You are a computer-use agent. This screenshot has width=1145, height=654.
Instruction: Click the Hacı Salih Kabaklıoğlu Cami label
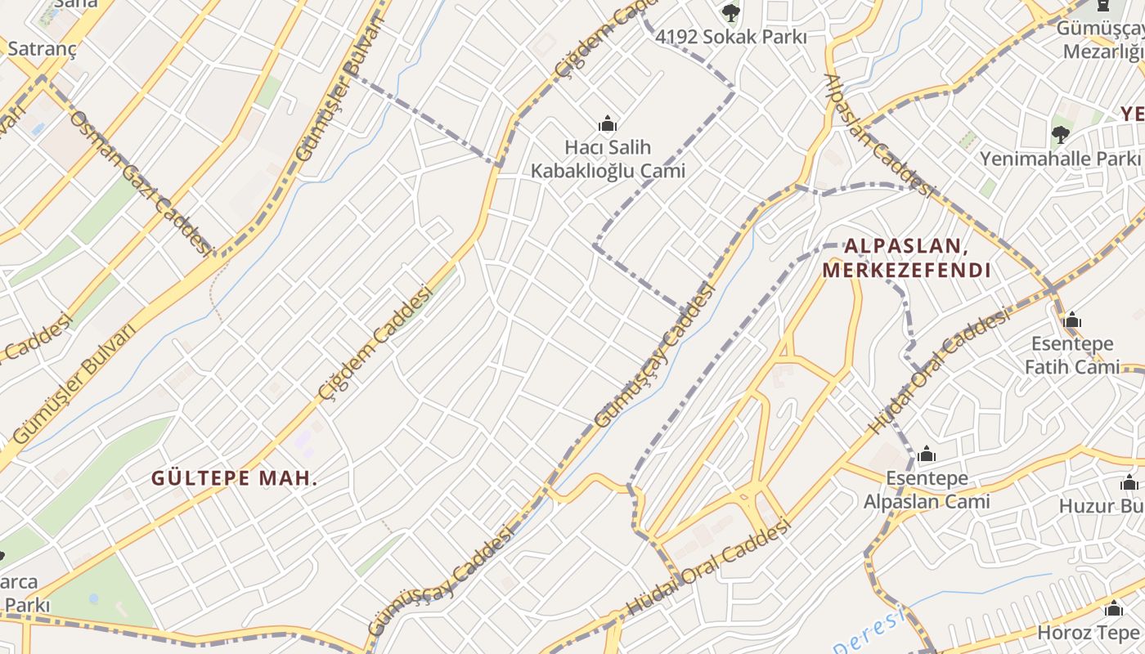click(x=608, y=159)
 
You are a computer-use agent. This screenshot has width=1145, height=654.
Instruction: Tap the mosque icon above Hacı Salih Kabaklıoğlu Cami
click(x=608, y=124)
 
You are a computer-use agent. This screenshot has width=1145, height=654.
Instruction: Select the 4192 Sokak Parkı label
click(x=731, y=37)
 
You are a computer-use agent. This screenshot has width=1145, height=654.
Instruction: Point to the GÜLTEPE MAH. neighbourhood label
click(x=235, y=478)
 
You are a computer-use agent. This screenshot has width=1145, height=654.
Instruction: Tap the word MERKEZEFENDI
click(x=906, y=270)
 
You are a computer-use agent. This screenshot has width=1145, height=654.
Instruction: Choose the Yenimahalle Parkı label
click(x=1060, y=158)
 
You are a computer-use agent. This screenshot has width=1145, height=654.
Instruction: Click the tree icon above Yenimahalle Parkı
click(x=1060, y=134)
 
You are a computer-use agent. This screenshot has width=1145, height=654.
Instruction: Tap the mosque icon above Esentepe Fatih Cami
click(x=1072, y=320)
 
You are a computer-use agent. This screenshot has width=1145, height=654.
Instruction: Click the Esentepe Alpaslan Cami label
click(x=927, y=489)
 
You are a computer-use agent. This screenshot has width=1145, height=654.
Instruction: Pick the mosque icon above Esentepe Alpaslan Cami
click(x=927, y=454)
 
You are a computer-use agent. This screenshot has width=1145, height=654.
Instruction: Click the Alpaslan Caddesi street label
click(x=878, y=135)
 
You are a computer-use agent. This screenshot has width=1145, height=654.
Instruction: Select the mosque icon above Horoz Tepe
click(x=1113, y=609)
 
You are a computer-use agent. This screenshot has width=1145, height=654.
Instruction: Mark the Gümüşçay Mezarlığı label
click(x=1100, y=39)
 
